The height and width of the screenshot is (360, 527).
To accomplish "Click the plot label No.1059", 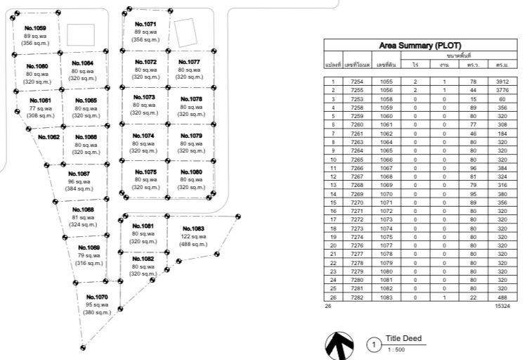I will (x=34, y=28).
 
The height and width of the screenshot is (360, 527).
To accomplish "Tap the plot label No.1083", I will (x=193, y=229).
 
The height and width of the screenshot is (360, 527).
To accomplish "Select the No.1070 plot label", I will (x=97, y=297).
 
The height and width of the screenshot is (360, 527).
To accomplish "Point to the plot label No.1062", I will (x=48, y=137).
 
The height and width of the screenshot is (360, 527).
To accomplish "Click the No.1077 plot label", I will (x=189, y=62).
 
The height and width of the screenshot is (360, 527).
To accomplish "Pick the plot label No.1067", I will (x=79, y=173).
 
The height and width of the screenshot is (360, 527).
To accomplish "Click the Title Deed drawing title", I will (x=404, y=339).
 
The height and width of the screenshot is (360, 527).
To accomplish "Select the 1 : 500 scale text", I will (x=395, y=349).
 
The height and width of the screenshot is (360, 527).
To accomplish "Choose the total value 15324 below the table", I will (x=502, y=306).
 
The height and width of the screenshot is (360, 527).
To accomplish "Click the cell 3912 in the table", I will (x=502, y=82).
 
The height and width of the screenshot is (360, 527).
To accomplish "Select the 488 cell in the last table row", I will (x=502, y=297).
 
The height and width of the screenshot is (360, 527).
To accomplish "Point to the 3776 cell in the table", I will (x=502, y=90).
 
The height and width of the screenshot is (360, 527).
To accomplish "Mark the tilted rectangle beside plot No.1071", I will (x=185, y=32).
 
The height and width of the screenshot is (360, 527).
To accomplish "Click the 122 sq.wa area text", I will (x=193, y=237).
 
